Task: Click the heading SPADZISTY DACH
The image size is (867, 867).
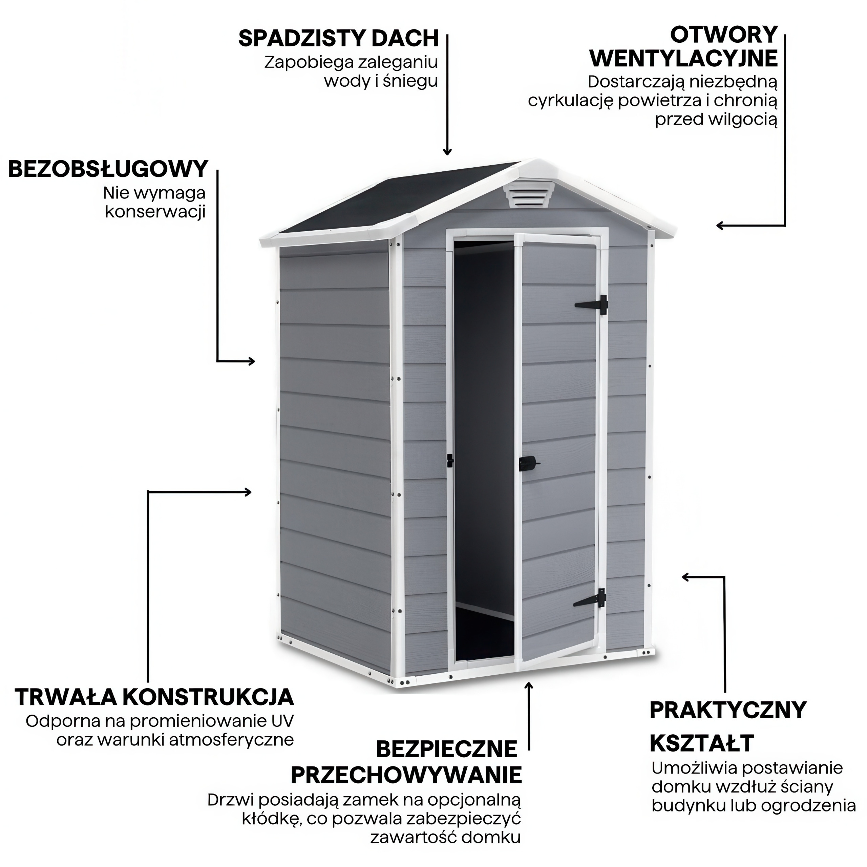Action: (338, 38)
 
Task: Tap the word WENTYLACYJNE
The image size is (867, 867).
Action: (683, 59)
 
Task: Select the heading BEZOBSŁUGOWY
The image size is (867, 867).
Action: (108, 169)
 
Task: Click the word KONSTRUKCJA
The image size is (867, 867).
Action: (209, 710)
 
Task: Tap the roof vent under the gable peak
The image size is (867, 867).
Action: (528, 195)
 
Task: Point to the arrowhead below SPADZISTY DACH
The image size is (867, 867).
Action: (447, 152)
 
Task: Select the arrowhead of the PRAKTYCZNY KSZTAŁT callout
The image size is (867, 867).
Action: (686, 577)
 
